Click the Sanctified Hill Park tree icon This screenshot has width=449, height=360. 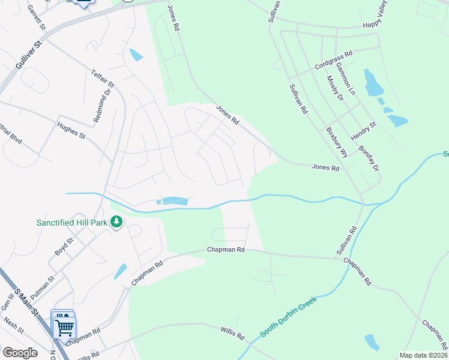click(116, 223)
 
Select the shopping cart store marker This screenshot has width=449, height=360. click(64, 326)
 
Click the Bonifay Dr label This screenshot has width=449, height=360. click(369, 158)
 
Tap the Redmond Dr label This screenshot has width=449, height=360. click(103, 106)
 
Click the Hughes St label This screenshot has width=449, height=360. click(71, 130)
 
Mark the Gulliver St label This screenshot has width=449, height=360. click(28, 56)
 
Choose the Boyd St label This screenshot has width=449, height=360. click(64, 247)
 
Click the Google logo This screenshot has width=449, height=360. click(20, 352)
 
